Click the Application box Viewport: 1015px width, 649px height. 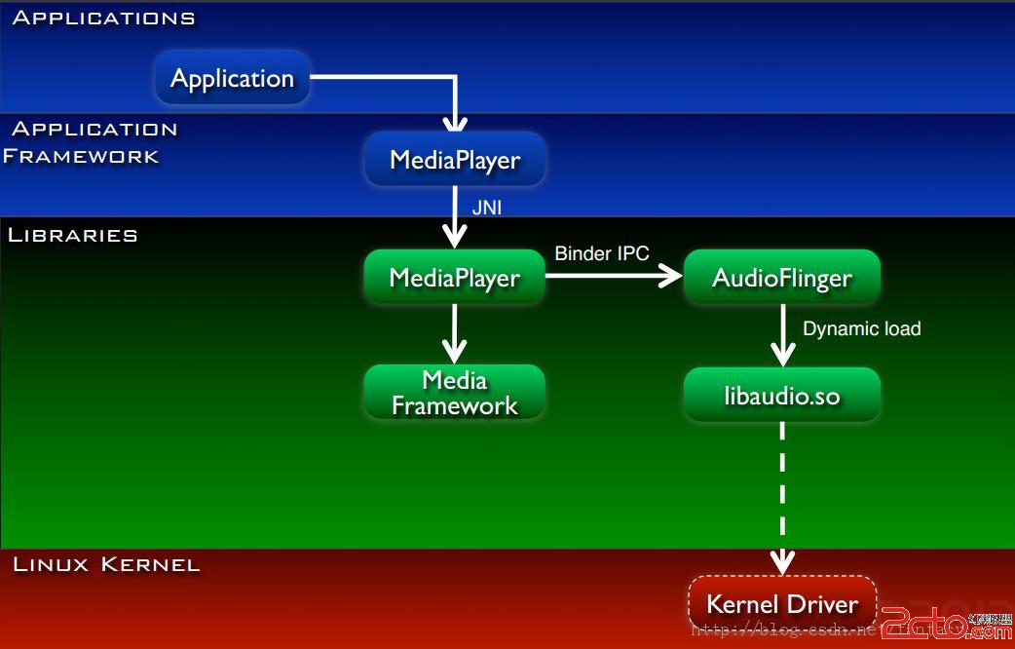(232, 79)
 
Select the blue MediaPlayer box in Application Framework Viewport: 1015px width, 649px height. (455, 160)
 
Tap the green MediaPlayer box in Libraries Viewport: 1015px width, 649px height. (454, 278)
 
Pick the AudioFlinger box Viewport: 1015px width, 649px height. (782, 278)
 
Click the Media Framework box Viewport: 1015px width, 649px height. (454, 393)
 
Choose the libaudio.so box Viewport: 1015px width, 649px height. (782, 396)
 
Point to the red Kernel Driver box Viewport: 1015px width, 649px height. (782, 604)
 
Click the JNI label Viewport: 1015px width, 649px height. (487, 208)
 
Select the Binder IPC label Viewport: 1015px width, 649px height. (602, 253)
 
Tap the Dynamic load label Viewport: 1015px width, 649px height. (861, 328)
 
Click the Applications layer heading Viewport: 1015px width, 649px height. (103, 18)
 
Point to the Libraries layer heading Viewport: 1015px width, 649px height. (73, 235)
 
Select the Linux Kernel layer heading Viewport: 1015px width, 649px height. (106, 564)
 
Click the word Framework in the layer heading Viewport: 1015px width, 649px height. (81, 156)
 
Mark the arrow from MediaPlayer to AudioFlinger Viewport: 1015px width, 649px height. (614, 277)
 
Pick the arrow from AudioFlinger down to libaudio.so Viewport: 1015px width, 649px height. (782, 335)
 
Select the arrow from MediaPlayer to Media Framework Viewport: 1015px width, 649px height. (454, 334)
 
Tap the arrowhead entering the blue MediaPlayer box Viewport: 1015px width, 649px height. (455, 122)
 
